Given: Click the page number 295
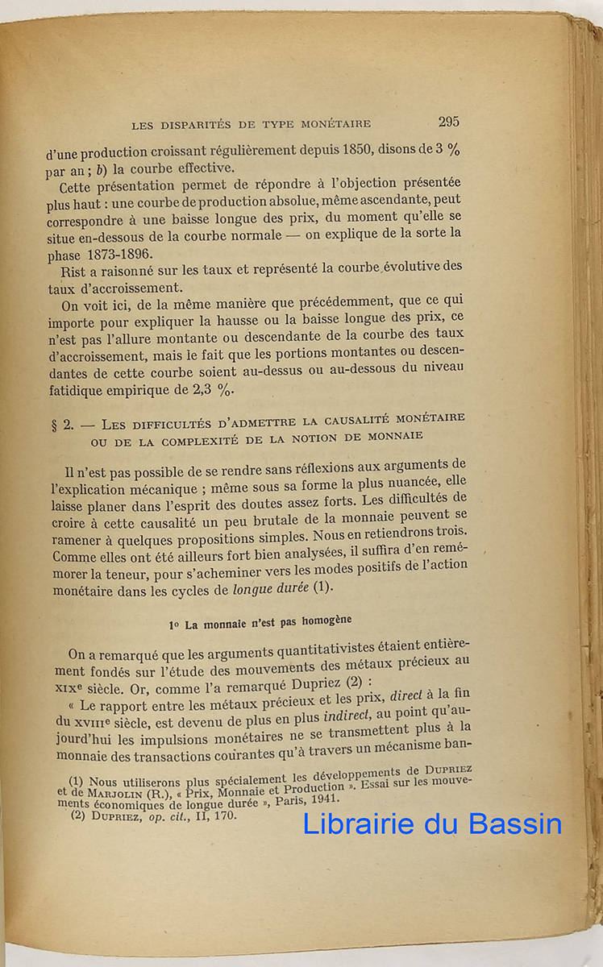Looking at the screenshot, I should click(x=449, y=122).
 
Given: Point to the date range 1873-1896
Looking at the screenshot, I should click(x=114, y=251).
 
